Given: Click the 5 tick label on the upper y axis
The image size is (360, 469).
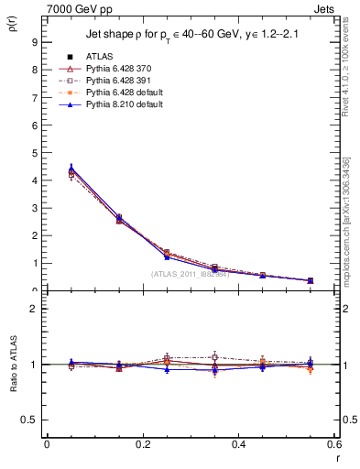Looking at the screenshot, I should pyautogui.click(x=33, y=152).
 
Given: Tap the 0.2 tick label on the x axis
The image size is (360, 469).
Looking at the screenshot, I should pyautogui.click(x=142, y=443).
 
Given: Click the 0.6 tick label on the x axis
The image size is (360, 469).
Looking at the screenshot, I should pyautogui.click(x=334, y=443).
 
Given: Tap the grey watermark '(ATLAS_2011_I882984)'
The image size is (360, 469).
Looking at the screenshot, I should pyautogui.click(x=190, y=273).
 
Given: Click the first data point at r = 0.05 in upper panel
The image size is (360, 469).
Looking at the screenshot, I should pyautogui.click(x=71, y=170).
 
